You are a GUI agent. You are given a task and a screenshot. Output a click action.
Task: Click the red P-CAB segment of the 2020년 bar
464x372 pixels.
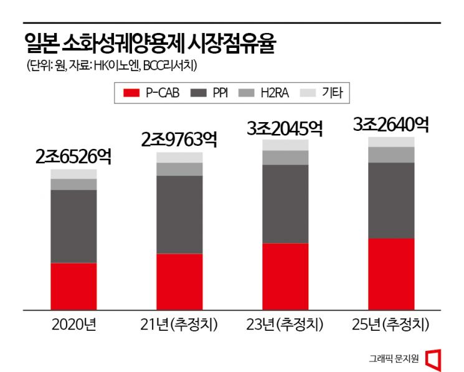pyautogui.click(x=73, y=286)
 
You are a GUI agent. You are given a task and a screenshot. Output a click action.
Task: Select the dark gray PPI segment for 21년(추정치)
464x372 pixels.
pyautogui.click(x=179, y=214)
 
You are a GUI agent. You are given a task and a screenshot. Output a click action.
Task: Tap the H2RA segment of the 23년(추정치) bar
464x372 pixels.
pyautogui.click(x=285, y=158)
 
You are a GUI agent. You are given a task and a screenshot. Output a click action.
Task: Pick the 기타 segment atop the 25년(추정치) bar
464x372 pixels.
pyautogui.click(x=391, y=141)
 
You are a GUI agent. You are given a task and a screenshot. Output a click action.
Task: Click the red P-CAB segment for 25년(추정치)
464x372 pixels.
pyautogui.click(x=391, y=274)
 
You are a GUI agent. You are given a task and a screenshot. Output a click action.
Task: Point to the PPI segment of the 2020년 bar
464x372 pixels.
pyautogui.click(x=73, y=226)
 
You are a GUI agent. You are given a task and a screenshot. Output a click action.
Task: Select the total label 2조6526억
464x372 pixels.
pyautogui.click(x=73, y=156)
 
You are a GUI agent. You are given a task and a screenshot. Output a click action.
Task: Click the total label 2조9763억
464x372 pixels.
pyautogui.click(x=179, y=139)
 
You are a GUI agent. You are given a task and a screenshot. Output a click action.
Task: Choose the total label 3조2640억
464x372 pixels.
pyautogui.click(x=391, y=124)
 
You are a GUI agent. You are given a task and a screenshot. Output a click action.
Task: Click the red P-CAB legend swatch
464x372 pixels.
pyautogui.click(x=131, y=93)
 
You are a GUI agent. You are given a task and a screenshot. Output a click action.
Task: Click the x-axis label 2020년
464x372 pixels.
pyautogui.click(x=73, y=325)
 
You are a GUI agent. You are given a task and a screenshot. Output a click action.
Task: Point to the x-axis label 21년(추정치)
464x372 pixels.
pyautogui.click(x=179, y=325)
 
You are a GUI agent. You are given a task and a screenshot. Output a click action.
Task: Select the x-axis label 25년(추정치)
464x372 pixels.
pyautogui.click(x=391, y=325)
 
